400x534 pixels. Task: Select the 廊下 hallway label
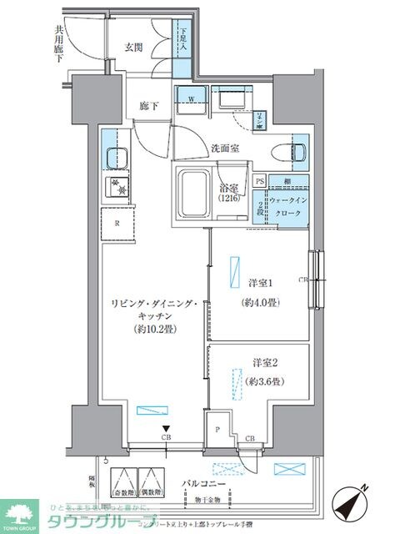(x=151, y=107)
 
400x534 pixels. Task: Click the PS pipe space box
(x=260, y=181)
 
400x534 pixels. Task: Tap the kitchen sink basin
(x=112, y=156)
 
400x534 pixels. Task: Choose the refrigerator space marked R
(x=117, y=224)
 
